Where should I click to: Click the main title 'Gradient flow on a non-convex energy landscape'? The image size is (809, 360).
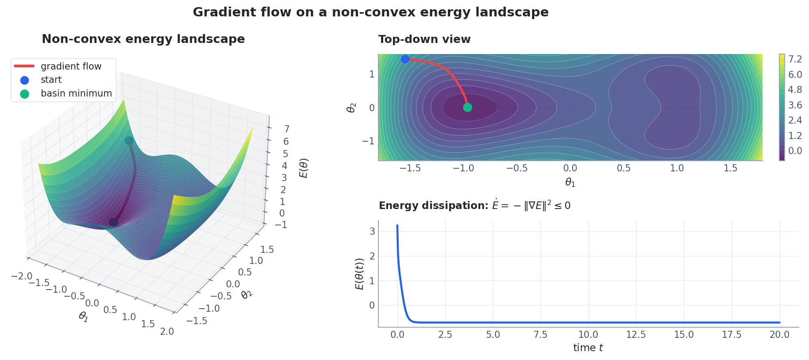370,12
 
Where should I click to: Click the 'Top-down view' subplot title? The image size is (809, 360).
424,39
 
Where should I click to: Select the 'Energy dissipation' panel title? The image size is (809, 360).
474,205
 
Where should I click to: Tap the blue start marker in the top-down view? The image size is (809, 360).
405,59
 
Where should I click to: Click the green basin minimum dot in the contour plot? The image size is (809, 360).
467,107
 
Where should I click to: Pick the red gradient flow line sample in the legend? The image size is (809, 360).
24,66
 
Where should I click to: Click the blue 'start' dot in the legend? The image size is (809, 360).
25,80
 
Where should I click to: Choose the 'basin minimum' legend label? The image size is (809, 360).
76,93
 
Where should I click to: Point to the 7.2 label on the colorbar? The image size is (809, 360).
795,59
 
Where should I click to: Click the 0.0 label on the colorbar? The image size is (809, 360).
795,151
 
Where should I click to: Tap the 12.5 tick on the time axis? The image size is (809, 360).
636,335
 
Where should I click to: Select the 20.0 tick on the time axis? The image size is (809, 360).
779,335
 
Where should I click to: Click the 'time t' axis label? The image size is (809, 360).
588,348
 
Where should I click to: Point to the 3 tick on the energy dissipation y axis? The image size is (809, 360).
372,231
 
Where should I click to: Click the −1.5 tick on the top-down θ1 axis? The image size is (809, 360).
410,168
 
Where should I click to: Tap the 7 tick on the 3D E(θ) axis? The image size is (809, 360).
287,129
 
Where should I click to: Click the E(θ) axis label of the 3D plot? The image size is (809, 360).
304,168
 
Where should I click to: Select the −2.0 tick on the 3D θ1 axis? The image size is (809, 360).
22,276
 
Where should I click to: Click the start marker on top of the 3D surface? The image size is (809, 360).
129,141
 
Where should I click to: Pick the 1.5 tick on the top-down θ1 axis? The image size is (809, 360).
730,168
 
